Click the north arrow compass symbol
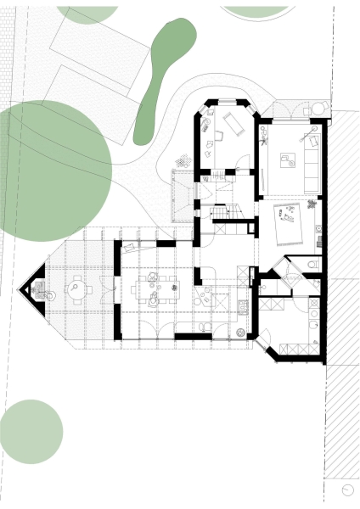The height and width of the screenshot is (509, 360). click(x=349, y=489)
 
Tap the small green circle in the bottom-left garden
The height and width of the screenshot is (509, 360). click(x=31, y=431)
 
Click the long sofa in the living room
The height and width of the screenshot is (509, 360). click(x=312, y=160)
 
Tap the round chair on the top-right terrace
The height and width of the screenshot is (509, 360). click(x=318, y=108)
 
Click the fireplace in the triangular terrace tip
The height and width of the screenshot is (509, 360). click(x=37, y=290)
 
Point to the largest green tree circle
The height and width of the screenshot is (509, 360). click(x=51, y=170)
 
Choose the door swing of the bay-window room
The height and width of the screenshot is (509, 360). click(x=245, y=163)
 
